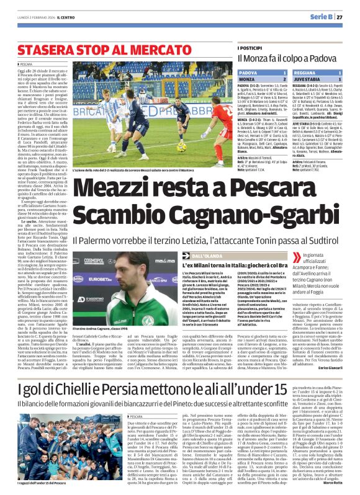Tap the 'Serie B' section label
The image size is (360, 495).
(324, 17)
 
